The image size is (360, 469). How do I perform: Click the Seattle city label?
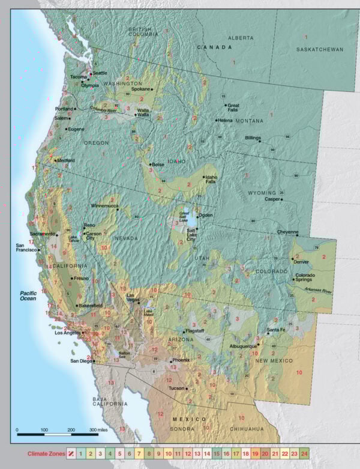pyautogui.click(x=100, y=73)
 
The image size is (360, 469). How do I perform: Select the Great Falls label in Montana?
pyautogui.click(x=233, y=109)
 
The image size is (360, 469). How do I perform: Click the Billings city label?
pyautogui.click(x=253, y=138)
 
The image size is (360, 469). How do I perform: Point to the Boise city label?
pyautogui.click(x=158, y=164)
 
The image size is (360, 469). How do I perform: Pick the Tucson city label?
pyautogui.click(x=176, y=389)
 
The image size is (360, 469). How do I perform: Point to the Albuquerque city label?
pyautogui.click(x=244, y=346)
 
